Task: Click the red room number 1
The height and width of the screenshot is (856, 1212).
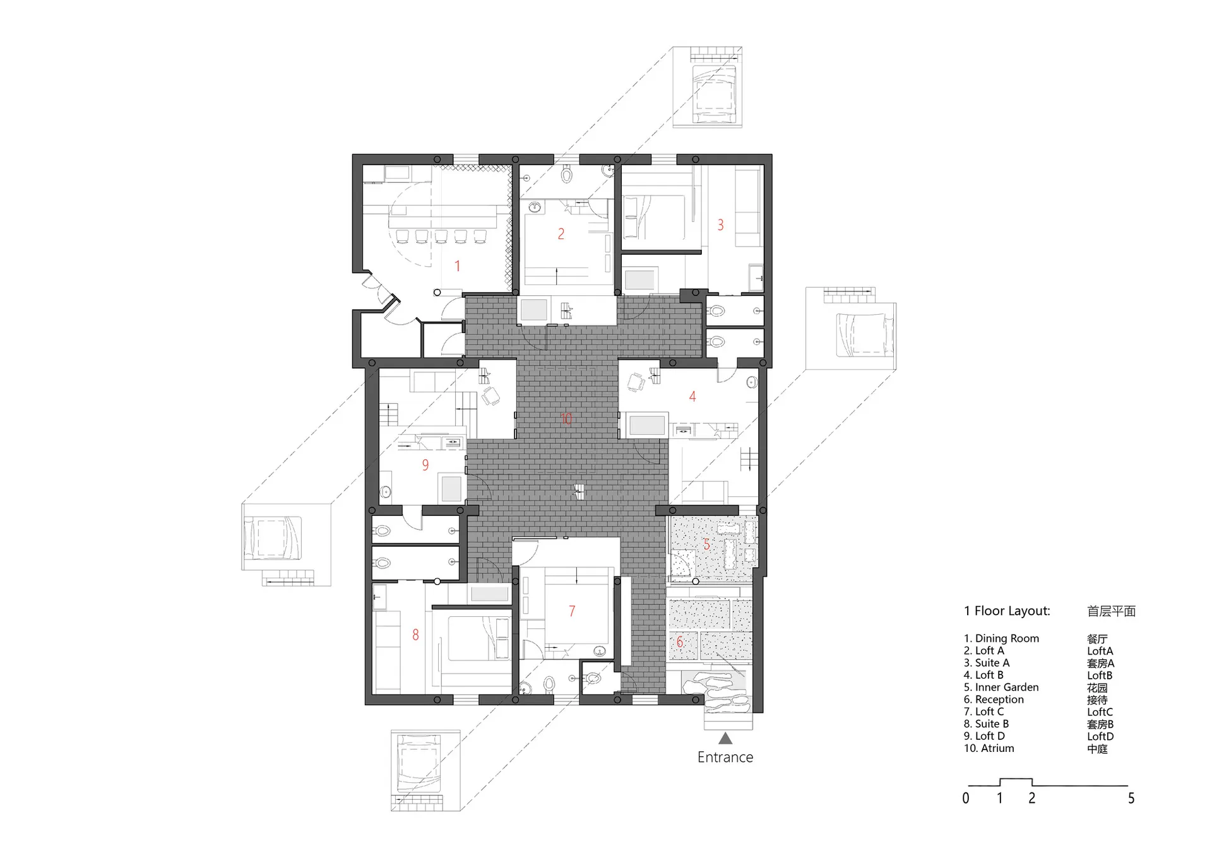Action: click(x=458, y=266)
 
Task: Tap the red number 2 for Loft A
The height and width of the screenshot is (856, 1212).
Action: click(x=561, y=234)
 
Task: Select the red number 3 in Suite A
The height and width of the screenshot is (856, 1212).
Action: click(x=720, y=225)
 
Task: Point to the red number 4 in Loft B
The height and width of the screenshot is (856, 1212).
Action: click(x=692, y=397)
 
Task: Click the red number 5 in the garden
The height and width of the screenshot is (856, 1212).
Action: click(x=706, y=544)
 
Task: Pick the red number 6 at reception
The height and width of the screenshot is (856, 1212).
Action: click(x=679, y=642)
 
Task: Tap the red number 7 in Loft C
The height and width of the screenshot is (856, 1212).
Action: click(x=572, y=611)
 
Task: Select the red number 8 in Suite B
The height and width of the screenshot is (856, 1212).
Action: click(x=415, y=635)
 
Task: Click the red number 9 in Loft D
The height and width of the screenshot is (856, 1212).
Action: click(x=425, y=465)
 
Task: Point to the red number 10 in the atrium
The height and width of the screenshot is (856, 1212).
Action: click(x=566, y=419)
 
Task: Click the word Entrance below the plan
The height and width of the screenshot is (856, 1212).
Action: click(x=725, y=757)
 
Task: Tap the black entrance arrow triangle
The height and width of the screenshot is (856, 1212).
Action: click(x=725, y=738)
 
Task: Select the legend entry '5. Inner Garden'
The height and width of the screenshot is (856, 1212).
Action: click(x=1001, y=687)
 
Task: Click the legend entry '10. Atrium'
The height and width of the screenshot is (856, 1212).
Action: click(x=989, y=748)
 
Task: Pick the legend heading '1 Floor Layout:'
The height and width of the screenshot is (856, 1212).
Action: click(x=1007, y=611)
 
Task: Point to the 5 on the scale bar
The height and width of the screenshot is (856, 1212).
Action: click(x=1131, y=799)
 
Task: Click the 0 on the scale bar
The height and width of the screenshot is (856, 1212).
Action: click(x=966, y=799)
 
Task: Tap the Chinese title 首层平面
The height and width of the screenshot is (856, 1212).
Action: click(x=1112, y=611)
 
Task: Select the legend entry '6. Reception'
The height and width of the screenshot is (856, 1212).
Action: click(x=994, y=700)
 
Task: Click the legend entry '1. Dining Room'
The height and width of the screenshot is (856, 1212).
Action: click(x=1001, y=638)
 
